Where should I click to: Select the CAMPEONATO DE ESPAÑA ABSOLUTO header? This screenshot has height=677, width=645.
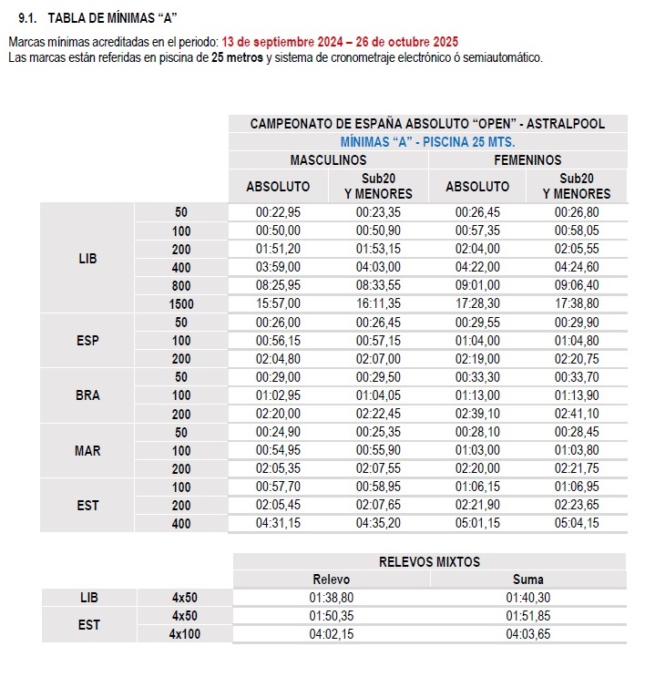coord(427,124)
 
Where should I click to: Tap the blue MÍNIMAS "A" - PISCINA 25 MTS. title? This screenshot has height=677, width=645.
coord(427,142)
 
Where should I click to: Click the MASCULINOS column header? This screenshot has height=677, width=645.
coord(328,159)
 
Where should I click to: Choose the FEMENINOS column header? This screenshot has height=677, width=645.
coord(527,159)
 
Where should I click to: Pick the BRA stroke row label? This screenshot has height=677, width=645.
coord(87,395)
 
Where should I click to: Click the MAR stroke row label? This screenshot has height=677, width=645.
coord(87,450)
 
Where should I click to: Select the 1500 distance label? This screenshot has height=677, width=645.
coord(182,303)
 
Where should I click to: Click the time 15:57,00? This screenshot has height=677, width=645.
coord(278,303)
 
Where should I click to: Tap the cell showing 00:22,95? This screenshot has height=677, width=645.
coord(278,212)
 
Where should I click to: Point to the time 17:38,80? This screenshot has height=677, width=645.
coord(577,303)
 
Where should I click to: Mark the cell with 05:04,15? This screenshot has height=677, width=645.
coord(577,523)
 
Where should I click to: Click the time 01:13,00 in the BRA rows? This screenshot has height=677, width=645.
coord(477,395)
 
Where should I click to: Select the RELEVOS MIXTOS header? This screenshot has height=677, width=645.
coord(429,561)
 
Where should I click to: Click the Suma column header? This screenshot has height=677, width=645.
coord(528,579)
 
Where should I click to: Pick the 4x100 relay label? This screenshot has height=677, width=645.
coord(186,634)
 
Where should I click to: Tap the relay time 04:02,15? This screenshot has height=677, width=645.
coord(332,634)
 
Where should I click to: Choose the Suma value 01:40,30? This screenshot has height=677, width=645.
coord(528,598)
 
